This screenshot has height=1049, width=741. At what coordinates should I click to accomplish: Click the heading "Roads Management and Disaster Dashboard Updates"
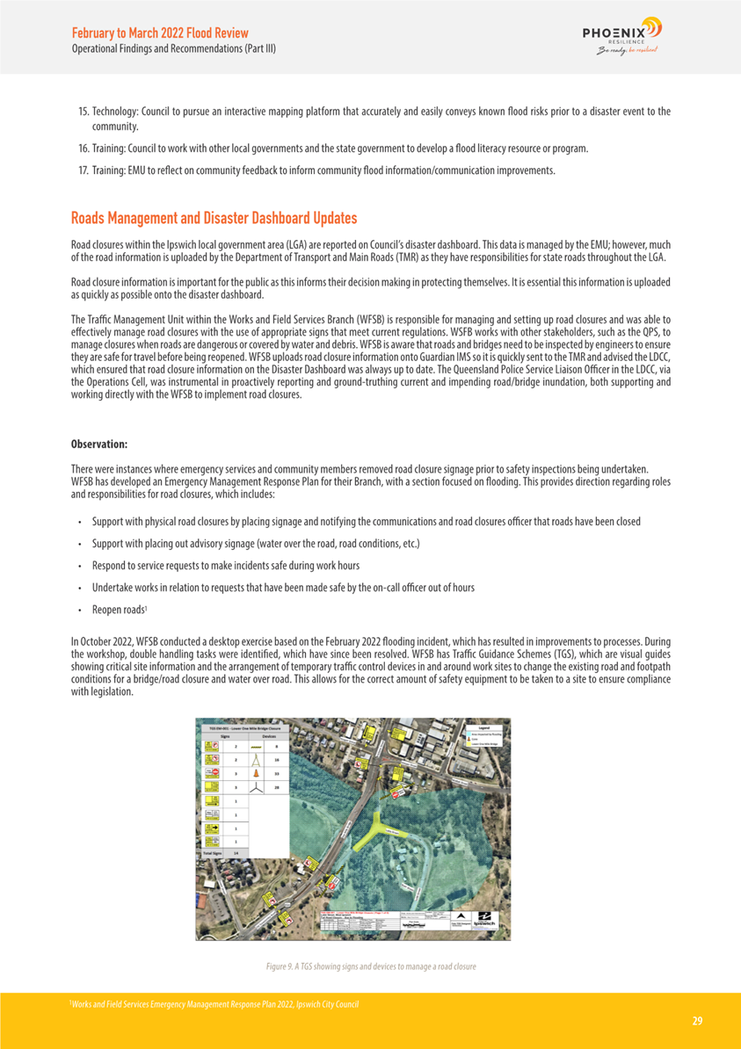click(214, 217)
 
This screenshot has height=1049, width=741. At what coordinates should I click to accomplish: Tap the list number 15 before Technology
click(84, 112)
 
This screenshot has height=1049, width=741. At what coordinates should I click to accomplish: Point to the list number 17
click(84, 170)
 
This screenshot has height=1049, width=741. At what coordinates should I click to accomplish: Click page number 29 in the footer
click(697, 1020)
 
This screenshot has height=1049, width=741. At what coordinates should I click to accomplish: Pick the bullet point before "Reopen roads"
click(80, 610)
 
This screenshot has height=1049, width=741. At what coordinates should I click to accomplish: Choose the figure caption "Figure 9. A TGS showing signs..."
click(370, 966)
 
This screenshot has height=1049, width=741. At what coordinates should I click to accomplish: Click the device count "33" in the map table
click(276, 773)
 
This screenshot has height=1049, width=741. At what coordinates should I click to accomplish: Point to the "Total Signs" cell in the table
click(213, 852)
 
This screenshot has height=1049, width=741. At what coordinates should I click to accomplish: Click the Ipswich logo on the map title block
click(483, 923)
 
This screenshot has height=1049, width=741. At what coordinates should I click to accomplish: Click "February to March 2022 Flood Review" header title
click(160, 33)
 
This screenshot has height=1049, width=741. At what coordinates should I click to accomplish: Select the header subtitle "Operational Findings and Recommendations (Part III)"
click(173, 48)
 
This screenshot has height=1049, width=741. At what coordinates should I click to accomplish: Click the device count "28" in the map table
click(276, 788)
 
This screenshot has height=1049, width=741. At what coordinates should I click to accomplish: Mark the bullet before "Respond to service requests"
click(80, 566)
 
